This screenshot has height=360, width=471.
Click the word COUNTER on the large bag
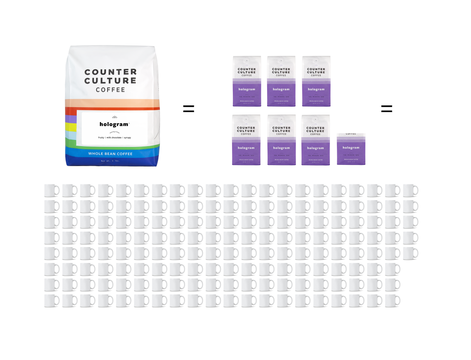pyautogui.click(x=110, y=72)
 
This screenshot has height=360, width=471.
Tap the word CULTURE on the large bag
pyautogui.click(x=110, y=81)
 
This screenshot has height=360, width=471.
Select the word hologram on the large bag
pyautogui.click(x=114, y=124)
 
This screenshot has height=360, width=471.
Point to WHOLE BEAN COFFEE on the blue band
pyautogui.click(x=110, y=154)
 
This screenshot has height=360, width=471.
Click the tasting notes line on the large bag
pyautogui.click(x=114, y=138)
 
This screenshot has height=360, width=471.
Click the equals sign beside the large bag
pyautogui.click(x=188, y=109)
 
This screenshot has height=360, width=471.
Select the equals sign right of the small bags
pyautogui.click(x=387, y=109)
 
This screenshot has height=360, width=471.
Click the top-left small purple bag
pyautogui.click(x=247, y=81)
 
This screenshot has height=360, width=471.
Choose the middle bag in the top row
pyautogui.click(x=281, y=81)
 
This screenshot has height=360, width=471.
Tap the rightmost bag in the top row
pyautogui.click(x=316, y=81)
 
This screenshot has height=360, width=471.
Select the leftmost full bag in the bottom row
pyautogui.click(x=246, y=140)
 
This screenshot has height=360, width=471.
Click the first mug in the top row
pyautogui.click(x=51, y=190)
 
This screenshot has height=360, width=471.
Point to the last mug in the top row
pyautogui.click(x=410, y=190)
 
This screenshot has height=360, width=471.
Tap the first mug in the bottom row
pyautogui.click(x=51, y=301)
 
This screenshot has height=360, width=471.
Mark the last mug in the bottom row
pyautogui.click(x=392, y=301)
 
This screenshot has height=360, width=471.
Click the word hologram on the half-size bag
pyautogui.click(x=351, y=148)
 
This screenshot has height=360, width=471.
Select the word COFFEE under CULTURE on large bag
pyautogui.click(x=110, y=90)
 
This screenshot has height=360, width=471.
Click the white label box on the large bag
pyautogui.click(x=114, y=128)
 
